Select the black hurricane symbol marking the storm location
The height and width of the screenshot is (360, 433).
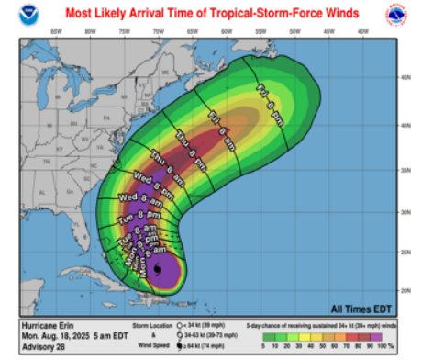pos(158,270)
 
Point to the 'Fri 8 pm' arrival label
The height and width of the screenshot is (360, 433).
pos(274,96)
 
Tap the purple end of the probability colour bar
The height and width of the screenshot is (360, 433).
pos(398,336)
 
